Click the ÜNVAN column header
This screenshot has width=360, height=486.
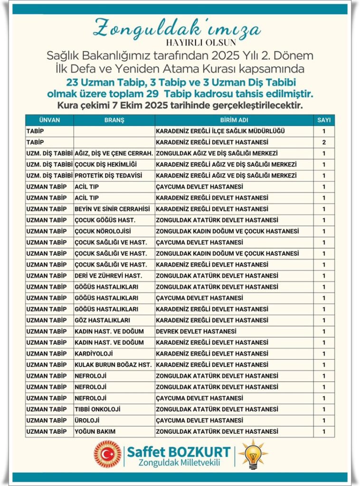pos(49,120)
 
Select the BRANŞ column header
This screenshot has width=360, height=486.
pos(114,120)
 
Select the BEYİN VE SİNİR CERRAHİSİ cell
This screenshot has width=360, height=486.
pos(112,209)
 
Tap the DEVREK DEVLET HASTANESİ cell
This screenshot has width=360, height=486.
pos(196,331)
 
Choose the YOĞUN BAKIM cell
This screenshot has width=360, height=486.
pos(95,431)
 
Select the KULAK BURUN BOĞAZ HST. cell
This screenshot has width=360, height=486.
pos(113,364)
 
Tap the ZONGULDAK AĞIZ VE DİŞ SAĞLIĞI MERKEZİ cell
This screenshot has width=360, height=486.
pos(217,153)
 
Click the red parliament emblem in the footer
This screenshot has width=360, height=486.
pos(107,454)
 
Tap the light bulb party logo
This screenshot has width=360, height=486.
pos(253,454)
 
